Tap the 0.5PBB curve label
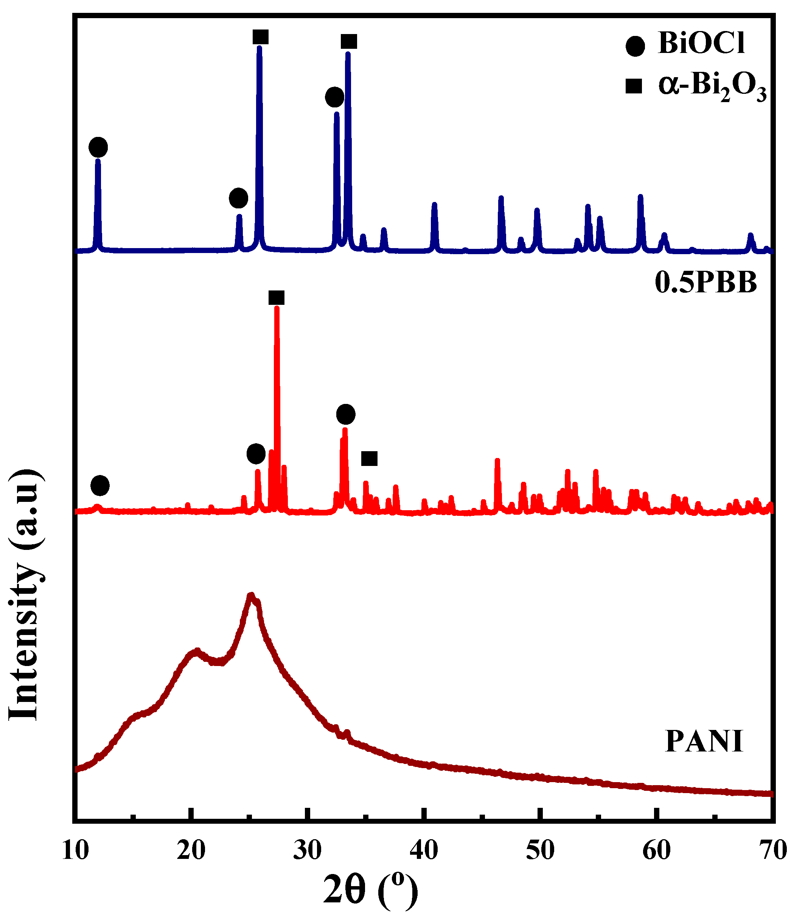[x=706, y=283]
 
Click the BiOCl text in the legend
[x=701, y=43]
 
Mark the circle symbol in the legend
[x=635, y=46]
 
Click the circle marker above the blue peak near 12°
[x=98, y=147]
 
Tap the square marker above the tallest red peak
[x=277, y=298]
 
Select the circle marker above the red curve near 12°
[x=100, y=486]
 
